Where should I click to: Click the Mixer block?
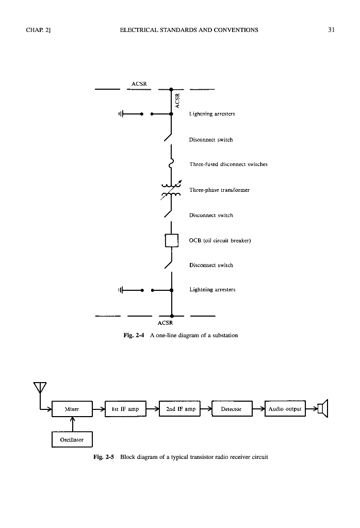click(72, 409)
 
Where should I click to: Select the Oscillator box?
click(72, 439)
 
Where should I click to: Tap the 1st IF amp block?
click(125, 409)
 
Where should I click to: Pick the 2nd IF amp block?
click(181, 409)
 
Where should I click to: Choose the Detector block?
click(231, 409)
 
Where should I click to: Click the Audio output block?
click(285, 409)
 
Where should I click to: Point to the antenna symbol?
click(40, 388)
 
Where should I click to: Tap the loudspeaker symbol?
click(323, 409)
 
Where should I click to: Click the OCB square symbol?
click(171, 241)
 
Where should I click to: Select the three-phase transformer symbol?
click(171, 190)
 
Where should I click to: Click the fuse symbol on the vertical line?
click(171, 164)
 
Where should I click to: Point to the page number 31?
click(332, 30)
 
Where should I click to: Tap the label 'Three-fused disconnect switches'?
click(228, 164)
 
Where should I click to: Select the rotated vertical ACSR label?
click(177, 100)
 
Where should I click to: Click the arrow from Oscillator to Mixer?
click(72, 423)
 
